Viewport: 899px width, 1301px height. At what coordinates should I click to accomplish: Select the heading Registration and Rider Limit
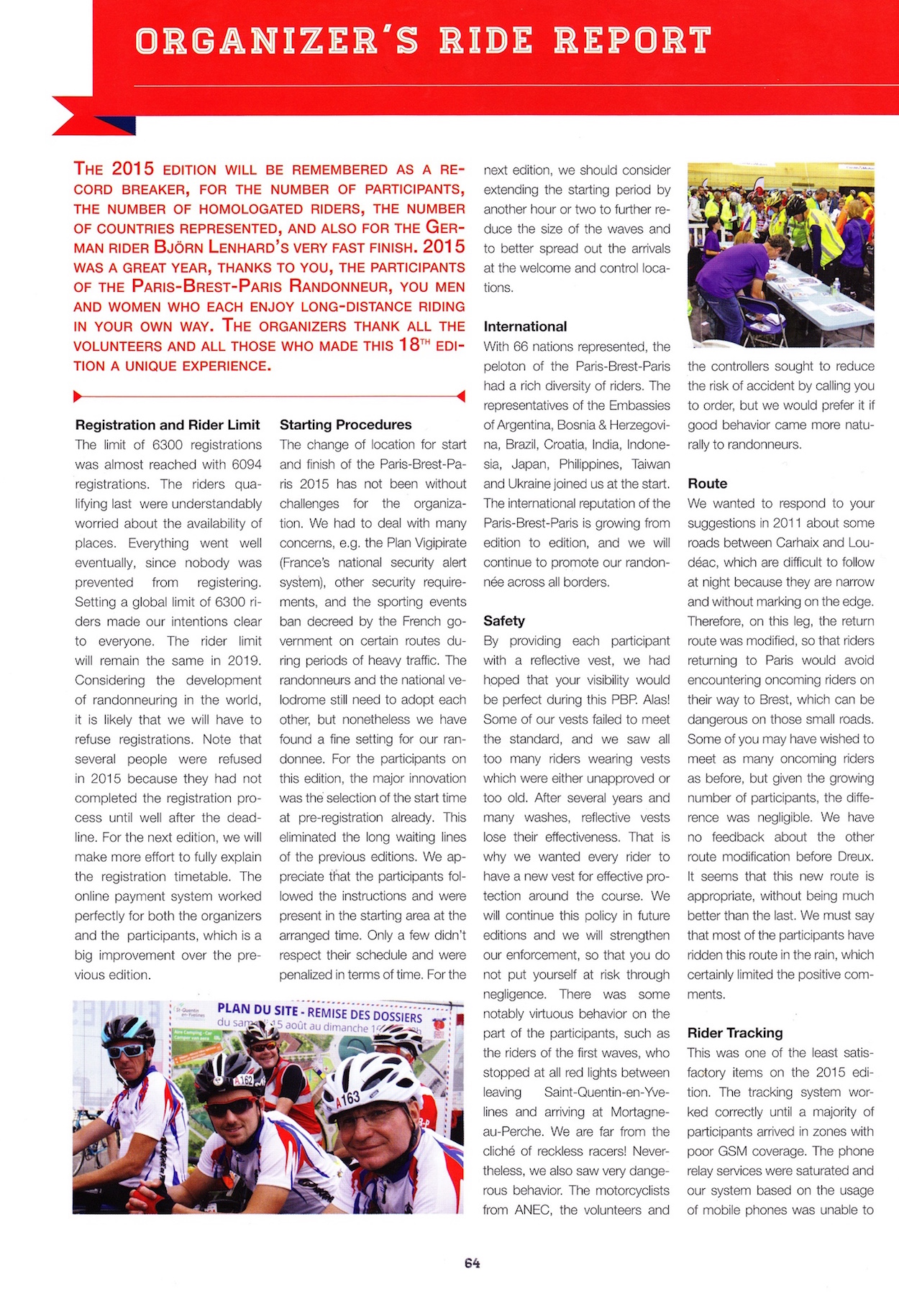click(x=167, y=425)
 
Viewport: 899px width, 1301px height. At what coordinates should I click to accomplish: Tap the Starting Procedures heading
click(x=345, y=425)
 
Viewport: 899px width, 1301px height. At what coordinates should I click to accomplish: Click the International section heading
click(x=525, y=326)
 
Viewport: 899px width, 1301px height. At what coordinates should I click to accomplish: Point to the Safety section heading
click(x=503, y=620)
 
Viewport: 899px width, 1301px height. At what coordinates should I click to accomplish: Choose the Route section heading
click(x=707, y=483)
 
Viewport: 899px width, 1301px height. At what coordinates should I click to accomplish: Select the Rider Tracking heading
click(x=734, y=1033)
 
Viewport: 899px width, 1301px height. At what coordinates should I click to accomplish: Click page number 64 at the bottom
click(x=472, y=1263)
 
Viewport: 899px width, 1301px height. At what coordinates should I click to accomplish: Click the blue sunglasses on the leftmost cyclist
click(x=126, y=1050)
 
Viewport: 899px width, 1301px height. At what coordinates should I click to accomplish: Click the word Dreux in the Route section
click(x=855, y=857)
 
